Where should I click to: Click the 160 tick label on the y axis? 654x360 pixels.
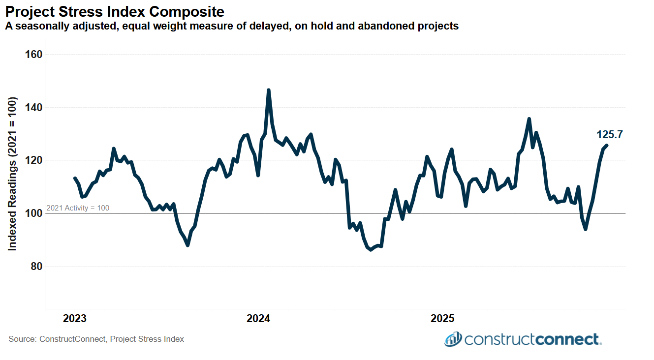33,55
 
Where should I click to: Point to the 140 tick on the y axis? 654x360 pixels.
33,108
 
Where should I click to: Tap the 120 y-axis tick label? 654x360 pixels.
33,161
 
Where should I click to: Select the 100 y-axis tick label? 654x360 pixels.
33,213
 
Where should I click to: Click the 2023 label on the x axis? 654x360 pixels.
75,319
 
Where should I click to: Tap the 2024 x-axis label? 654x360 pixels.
258,319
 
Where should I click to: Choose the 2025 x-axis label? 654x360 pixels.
442,319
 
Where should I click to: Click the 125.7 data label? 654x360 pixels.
610,135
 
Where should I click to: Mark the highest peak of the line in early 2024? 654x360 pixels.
268,90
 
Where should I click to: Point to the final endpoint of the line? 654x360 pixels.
607,145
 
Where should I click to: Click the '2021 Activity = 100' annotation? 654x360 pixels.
78,208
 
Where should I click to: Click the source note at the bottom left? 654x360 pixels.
96,339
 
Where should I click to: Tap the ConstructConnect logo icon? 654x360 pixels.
453,339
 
